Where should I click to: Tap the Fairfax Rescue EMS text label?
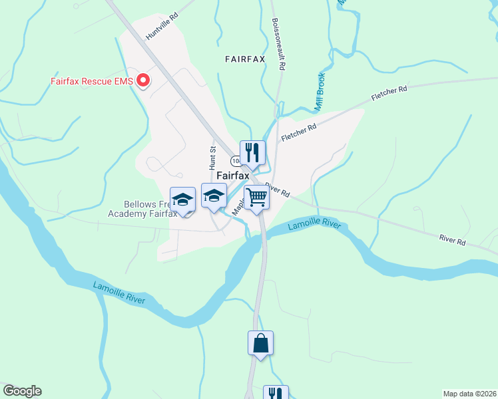pyautogui.click(x=92, y=82)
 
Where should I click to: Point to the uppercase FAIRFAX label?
pyautogui.click(x=245, y=59)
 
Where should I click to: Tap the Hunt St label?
pyautogui.click(x=213, y=157)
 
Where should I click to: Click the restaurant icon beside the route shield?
pyautogui.click(x=252, y=153)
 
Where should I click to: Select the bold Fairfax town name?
pyautogui.click(x=233, y=176)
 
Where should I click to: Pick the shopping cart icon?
pyautogui.click(x=256, y=197)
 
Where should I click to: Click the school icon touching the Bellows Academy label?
pyautogui.click(x=182, y=199)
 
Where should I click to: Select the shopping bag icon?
pyautogui.click(x=261, y=343)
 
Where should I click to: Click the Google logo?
pyautogui.click(x=22, y=391)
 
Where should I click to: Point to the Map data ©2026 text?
pyautogui.click(x=470, y=393)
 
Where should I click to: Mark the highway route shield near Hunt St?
pyautogui.click(x=236, y=162)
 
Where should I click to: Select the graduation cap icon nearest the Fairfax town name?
pyautogui.click(x=214, y=196)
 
